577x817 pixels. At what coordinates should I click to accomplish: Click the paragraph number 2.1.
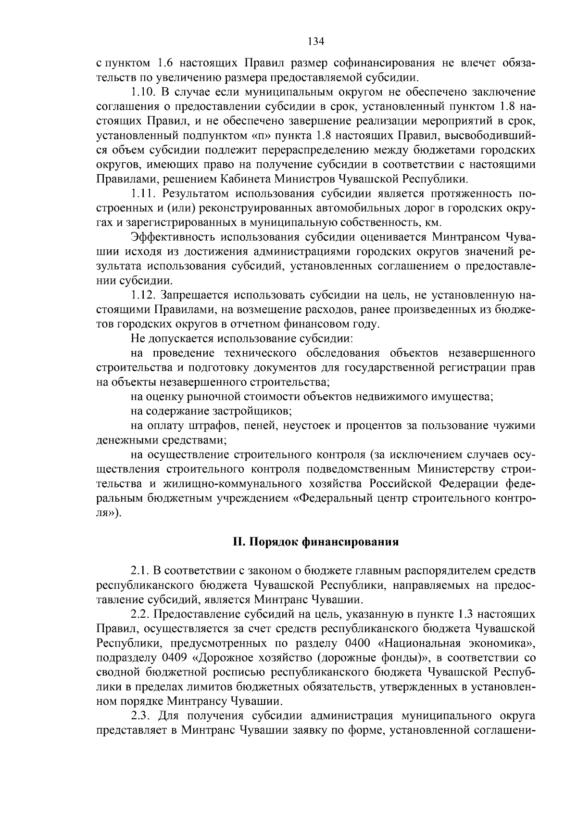pyautogui.click(x=139, y=571)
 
